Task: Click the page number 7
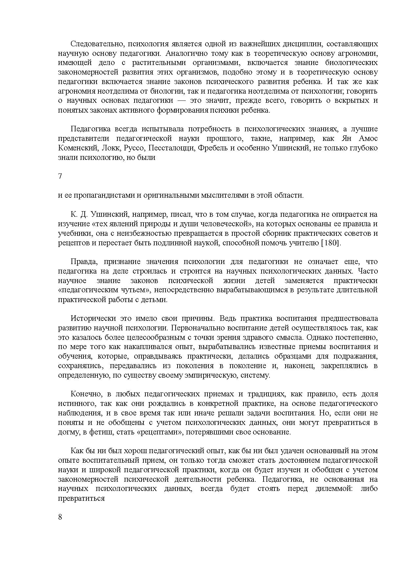60,176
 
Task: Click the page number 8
60,517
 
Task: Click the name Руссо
134,148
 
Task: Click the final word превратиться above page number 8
81,498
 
